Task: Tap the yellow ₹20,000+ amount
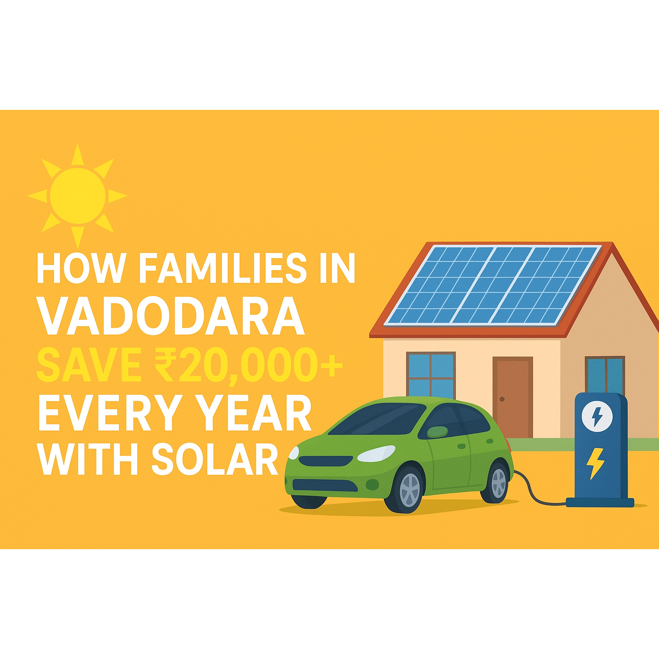point(249,366)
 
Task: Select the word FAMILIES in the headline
point(223,268)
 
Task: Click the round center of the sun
point(78,196)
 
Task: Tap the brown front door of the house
point(513,397)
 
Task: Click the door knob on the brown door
point(502,399)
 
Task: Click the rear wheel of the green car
point(496,482)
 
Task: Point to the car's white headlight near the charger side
point(376,453)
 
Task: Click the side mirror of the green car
point(437,432)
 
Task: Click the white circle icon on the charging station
point(597,416)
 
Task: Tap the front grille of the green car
point(326,461)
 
